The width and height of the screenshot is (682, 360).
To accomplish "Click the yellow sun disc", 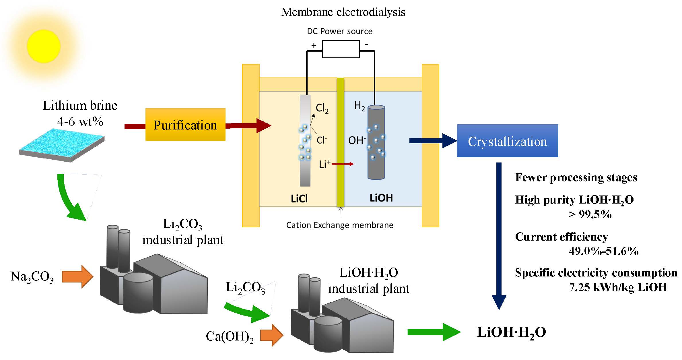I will (44, 46).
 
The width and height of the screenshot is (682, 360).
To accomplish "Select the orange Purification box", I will (185, 125).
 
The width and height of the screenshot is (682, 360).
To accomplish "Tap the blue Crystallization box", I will (507, 141).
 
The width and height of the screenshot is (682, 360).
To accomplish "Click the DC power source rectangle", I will (341, 49).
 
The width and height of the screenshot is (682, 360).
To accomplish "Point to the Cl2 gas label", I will (322, 109).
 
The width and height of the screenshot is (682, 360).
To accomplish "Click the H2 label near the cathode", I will (360, 106).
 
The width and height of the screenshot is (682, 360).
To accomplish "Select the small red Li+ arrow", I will (343, 164).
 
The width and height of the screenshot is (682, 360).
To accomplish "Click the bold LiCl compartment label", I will (299, 199).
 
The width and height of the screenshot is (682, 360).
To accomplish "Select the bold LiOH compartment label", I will (381, 198).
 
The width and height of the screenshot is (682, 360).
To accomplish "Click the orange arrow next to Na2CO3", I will (77, 276).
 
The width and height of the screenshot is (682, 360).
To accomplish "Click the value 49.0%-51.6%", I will (603, 251).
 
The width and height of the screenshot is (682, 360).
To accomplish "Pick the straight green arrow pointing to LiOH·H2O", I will (433, 332).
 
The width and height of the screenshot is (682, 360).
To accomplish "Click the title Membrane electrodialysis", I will (343, 12).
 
